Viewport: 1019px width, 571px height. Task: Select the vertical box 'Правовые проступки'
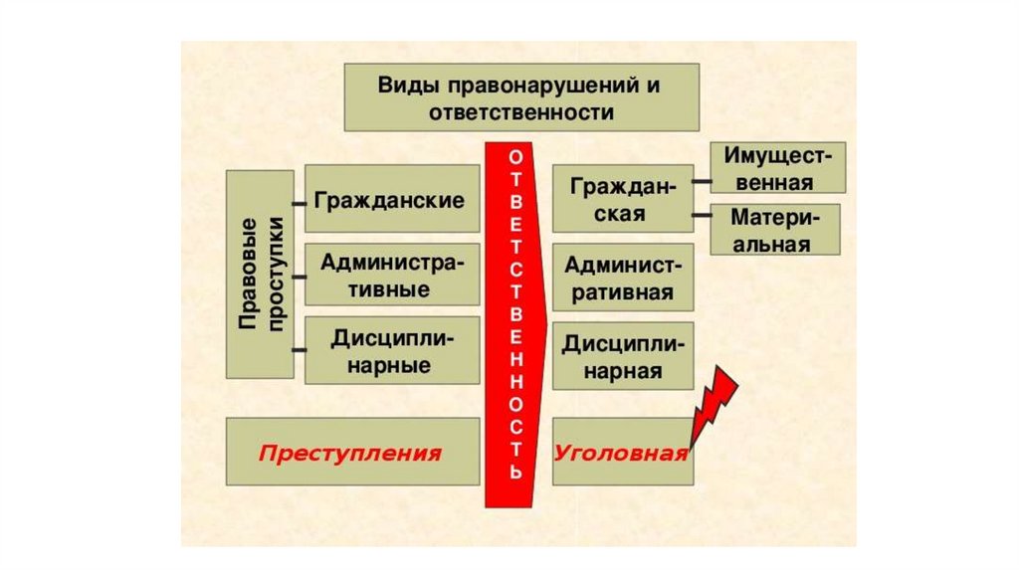pyautogui.click(x=260, y=274)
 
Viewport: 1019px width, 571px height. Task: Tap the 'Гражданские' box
pyautogui.click(x=389, y=201)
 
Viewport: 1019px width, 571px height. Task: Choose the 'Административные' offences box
pyautogui.click(x=389, y=276)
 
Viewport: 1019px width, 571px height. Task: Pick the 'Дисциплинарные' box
pyautogui.click(x=389, y=351)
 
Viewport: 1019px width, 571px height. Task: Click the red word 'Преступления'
pyautogui.click(x=349, y=454)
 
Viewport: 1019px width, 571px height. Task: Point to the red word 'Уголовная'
pyautogui.click(x=621, y=454)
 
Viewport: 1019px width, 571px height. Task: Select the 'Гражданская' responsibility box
pyautogui.click(x=623, y=200)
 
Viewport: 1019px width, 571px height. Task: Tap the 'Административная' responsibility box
pyautogui.click(x=623, y=278)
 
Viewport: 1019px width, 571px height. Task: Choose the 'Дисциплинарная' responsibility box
pyautogui.click(x=623, y=356)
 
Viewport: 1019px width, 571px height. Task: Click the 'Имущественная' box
pyautogui.click(x=777, y=168)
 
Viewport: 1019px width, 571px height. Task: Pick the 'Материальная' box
pyautogui.click(x=775, y=230)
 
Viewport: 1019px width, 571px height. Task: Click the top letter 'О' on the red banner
pyautogui.click(x=513, y=159)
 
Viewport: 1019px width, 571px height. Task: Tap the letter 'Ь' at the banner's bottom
pyautogui.click(x=513, y=473)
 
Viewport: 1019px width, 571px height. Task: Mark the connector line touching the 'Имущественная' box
pyautogui.click(x=702, y=183)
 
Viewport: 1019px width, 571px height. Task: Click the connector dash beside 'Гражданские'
pyautogui.click(x=299, y=201)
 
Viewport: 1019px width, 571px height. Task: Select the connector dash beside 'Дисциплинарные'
pyautogui.click(x=299, y=350)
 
